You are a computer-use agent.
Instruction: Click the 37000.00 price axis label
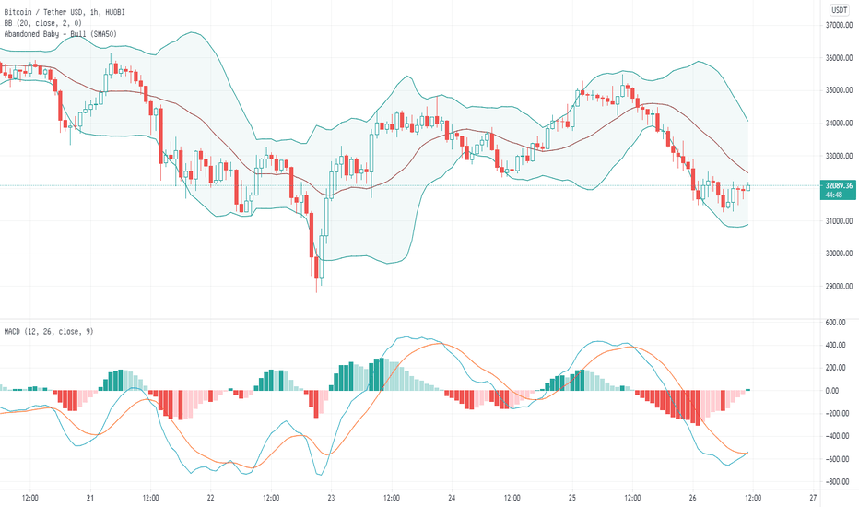click(837, 26)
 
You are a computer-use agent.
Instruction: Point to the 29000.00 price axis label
click(837, 286)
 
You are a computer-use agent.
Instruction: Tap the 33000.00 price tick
click(837, 156)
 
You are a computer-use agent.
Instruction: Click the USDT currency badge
click(838, 10)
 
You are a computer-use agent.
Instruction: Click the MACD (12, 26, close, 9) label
click(49, 331)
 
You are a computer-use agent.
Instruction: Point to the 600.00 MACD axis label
click(836, 323)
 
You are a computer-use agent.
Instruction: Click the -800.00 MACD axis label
click(835, 482)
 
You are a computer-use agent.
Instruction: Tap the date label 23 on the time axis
click(332, 498)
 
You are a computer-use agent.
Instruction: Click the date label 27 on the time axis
click(813, 498)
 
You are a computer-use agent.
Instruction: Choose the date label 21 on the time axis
click(90, 498)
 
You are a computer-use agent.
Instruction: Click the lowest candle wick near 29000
click(318, 288)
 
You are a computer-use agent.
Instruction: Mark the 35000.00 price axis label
click(837, 90)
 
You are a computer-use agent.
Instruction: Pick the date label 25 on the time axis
click(572, 498)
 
